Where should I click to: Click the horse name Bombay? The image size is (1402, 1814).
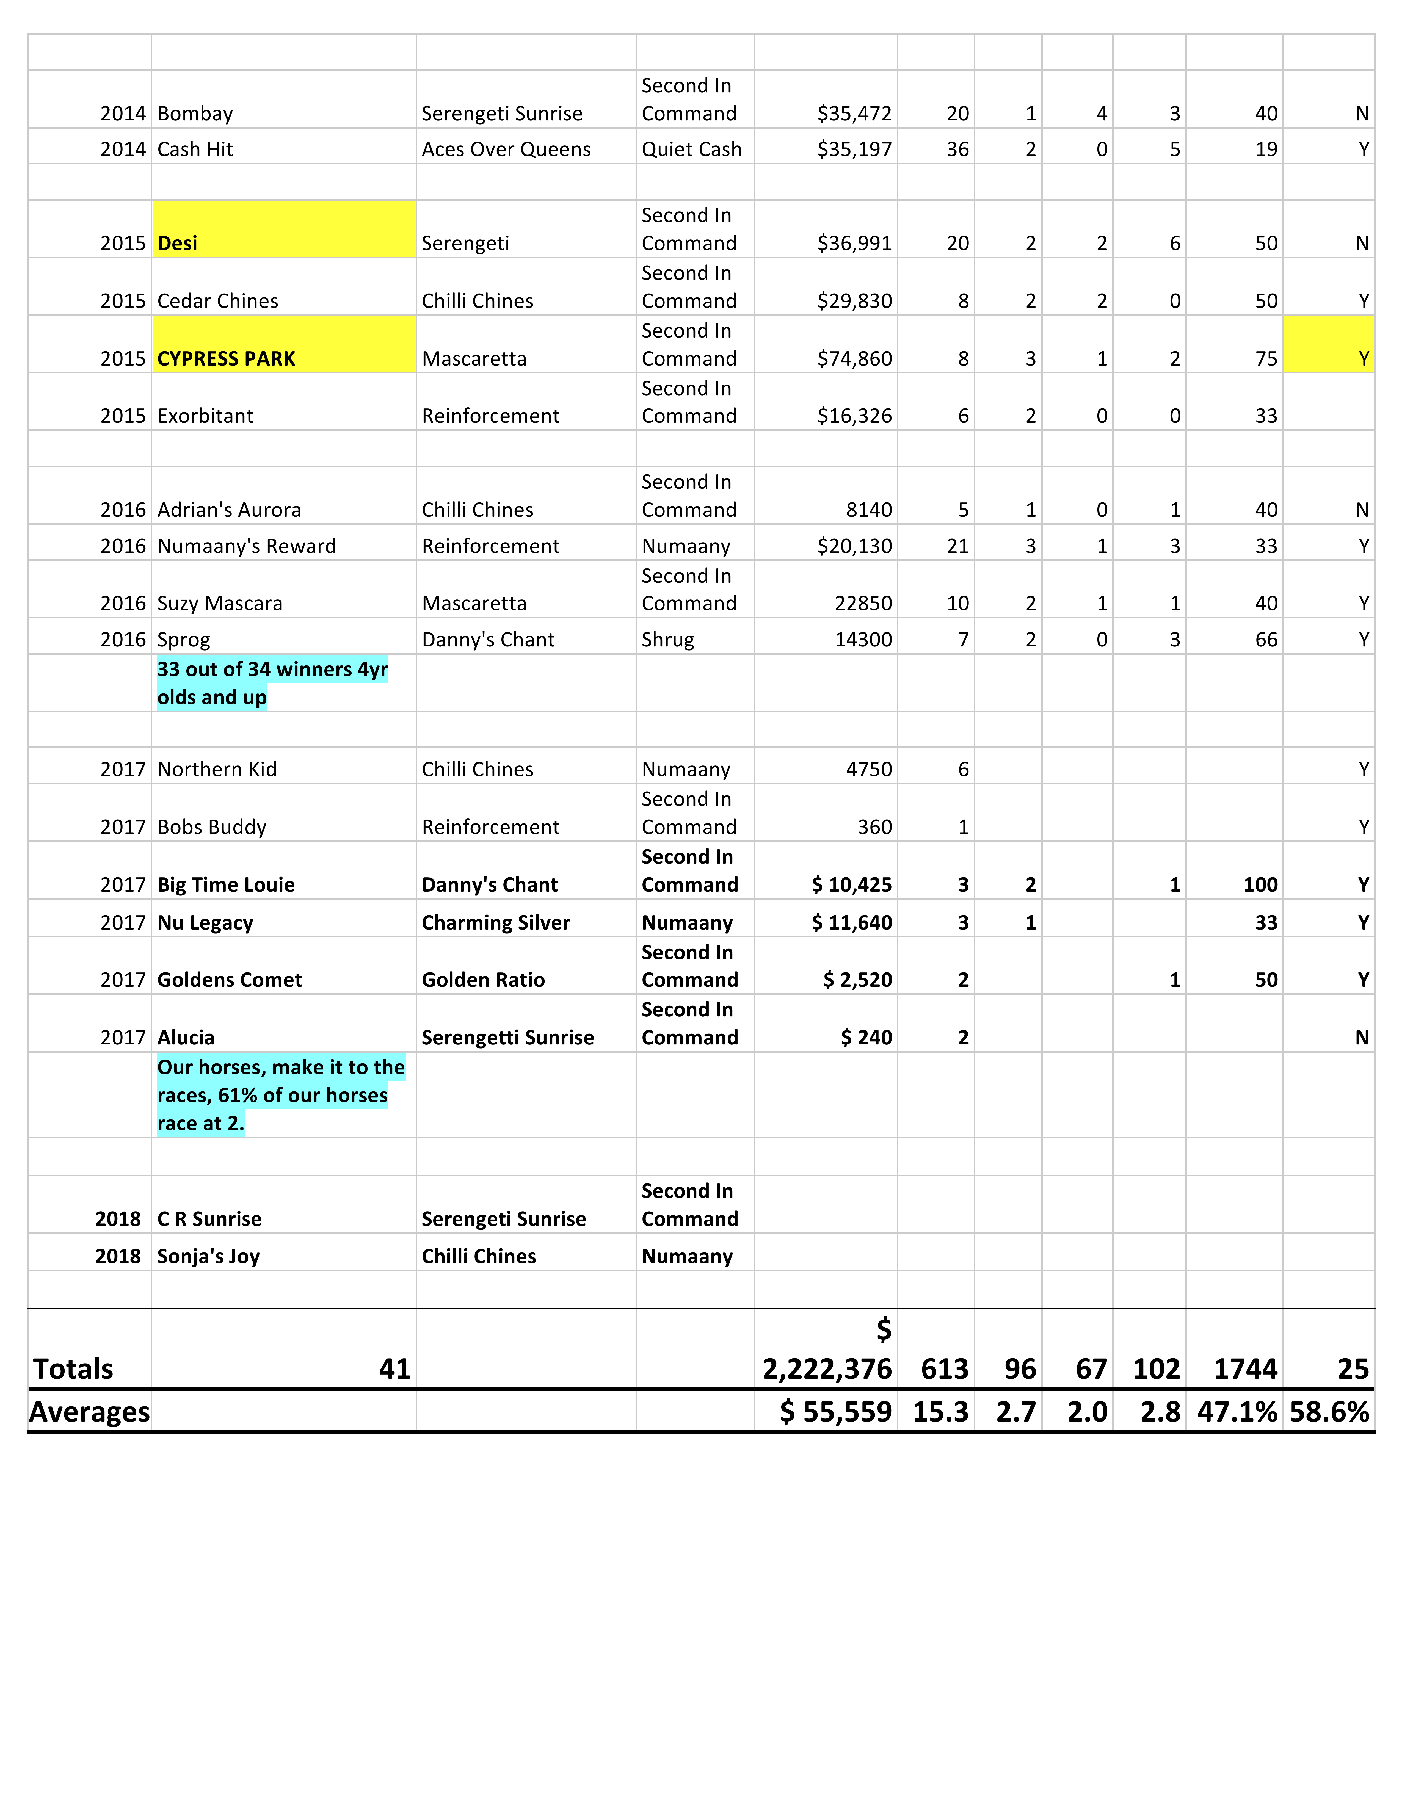click(x=195, y=114)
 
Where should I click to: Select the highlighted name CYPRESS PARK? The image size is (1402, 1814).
click(x=226, y=359)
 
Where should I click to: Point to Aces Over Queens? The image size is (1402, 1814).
click(x=506, y=150)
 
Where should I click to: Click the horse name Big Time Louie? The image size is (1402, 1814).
click(x=226, y=884)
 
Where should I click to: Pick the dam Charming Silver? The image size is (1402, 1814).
click(x=496, y=923)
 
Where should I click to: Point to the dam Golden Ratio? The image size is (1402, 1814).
click(x=483, y=980)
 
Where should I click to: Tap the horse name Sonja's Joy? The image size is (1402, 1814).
click(x=208, y=1257)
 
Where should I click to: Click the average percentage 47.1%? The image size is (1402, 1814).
click(x=1236, y=1412)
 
